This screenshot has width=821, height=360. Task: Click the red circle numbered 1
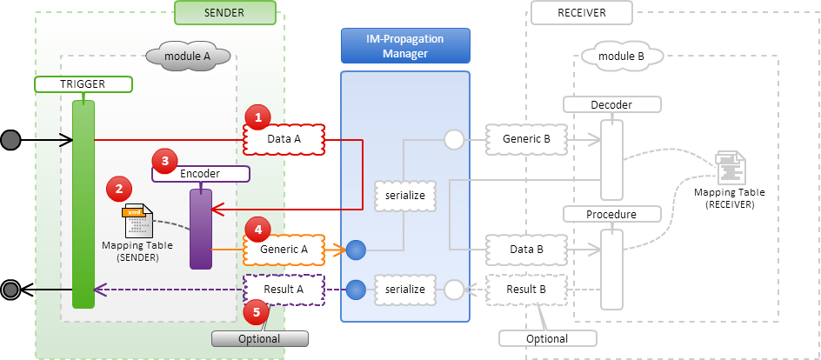pyautogui.click(x=257, y=117)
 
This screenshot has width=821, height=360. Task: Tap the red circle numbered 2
pyautogui.click(x=118, y=188)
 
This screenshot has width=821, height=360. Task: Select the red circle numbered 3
pyautogui.click(x=164, y=161)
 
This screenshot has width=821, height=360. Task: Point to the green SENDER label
pyautogui.click(x=225, y=13)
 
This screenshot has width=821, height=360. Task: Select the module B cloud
pyautogui.click(x=623, y=57)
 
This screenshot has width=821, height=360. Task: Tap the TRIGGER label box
pyautogui.click(x=83, y=84)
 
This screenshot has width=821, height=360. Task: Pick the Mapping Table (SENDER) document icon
pyautogui.click(x=137, y=221)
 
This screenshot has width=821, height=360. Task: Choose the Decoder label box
pyautogui.click(x=611, y=104)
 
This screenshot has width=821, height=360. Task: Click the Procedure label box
pyautogui.click(x=611, y=214)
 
